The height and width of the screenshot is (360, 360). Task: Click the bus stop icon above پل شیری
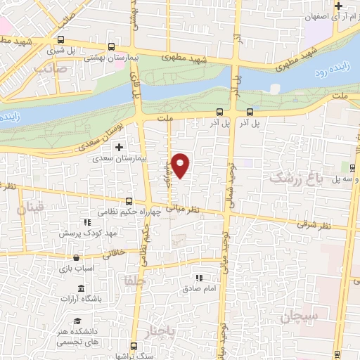click(x=61, y=40)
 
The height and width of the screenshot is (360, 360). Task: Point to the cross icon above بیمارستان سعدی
click(x=118, y=147)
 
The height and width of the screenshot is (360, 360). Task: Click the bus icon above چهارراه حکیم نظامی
click(x=128, y=200)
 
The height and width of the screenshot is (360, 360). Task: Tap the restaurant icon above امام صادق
click(x=199, y=278)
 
